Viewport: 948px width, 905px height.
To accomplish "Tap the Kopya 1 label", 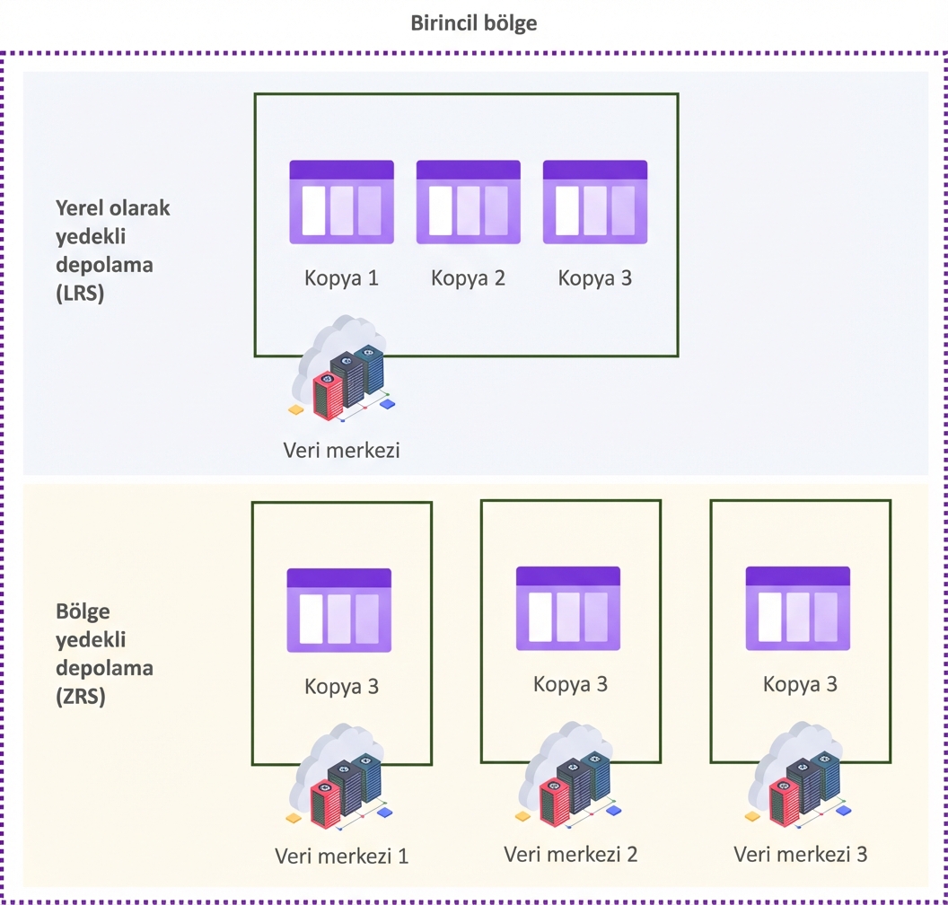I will tap(341, 277).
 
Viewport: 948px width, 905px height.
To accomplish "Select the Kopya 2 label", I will tap(468, 277).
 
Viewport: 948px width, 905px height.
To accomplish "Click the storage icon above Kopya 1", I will tap(341, 202).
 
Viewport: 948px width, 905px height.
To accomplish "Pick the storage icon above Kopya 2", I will tap(468, 202).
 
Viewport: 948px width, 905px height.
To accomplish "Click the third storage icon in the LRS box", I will tap(595, 202).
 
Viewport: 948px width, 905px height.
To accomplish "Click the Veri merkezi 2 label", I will tap(571, 854).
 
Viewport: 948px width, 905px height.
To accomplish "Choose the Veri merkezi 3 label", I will tap(801, 854).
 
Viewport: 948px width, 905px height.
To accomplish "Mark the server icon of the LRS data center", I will tap(342, 378).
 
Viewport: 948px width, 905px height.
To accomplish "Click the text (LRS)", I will tap(80, 292).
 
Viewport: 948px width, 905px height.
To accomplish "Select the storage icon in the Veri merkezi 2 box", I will tap(568, 608).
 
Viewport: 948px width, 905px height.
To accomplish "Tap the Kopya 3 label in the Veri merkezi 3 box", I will tap(801, 684).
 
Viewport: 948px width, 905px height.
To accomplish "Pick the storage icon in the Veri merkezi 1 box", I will tap(338, 611).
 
